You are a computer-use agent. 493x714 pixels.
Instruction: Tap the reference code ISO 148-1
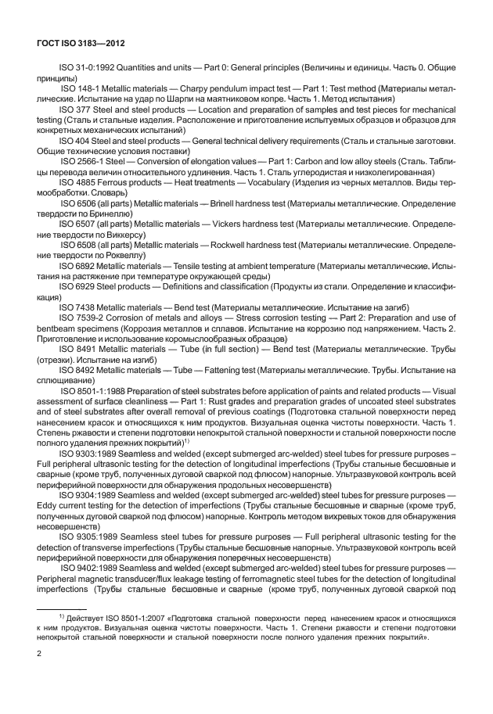78,90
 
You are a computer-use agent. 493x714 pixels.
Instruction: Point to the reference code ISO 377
74,110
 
